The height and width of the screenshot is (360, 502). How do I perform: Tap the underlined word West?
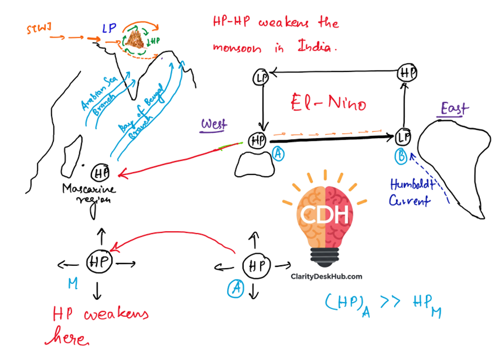[x=214, y=124]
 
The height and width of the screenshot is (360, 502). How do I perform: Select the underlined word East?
[x=454, y=109]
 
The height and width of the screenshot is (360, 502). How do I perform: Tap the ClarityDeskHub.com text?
[x=326, y=276]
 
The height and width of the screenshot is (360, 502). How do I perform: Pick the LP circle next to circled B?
[x=402, y=138]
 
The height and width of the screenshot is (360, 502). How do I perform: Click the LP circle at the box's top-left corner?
[x=262, y=77]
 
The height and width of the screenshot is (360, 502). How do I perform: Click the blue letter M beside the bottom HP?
[x=72, y=283]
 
